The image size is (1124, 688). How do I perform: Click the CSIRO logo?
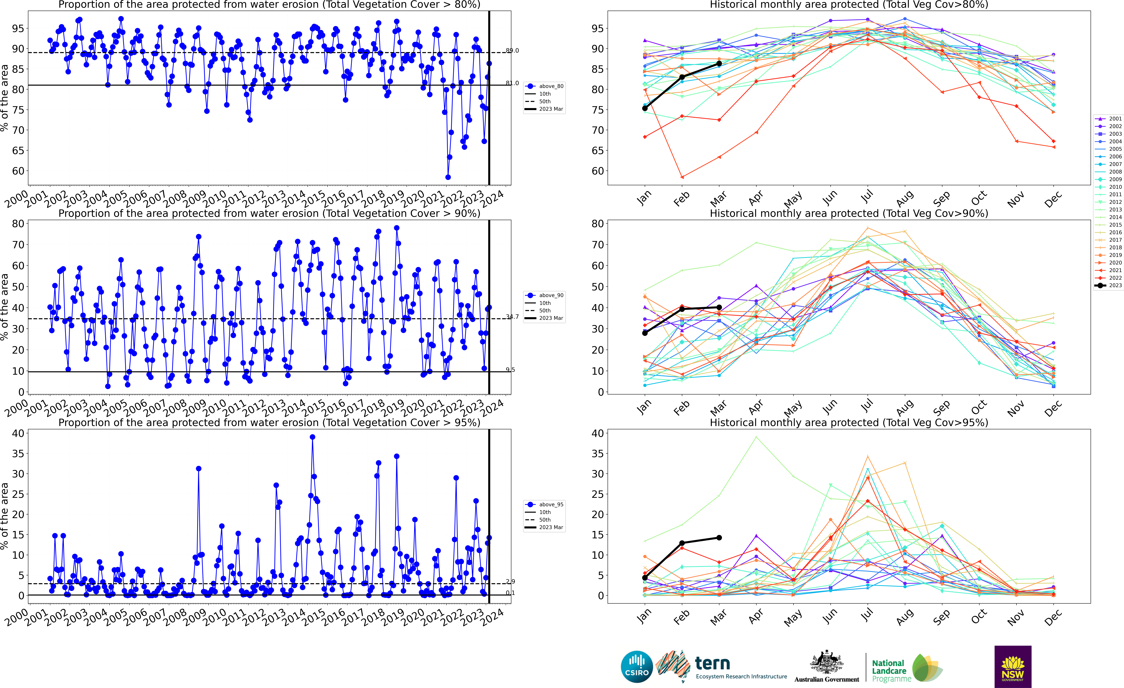click(637, 667)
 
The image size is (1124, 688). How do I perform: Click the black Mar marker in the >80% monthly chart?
click(719, 63)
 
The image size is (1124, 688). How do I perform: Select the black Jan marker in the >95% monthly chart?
click(645, 578)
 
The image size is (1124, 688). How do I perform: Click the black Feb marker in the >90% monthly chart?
click(682, 309)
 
